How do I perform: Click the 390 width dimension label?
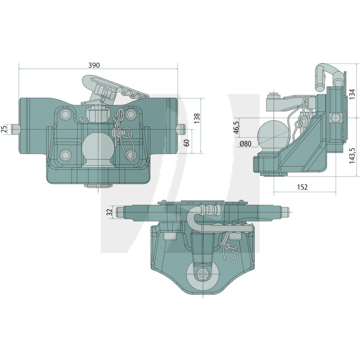[x=94, y=65]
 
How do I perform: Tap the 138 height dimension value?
[x=197, y=118]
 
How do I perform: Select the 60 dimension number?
[x=187, y=143]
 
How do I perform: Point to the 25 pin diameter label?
[x=4, y=129]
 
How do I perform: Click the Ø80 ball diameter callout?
[x=245, y=144]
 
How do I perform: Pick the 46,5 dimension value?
[x=237, y=127]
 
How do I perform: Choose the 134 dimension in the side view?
[x=352, y=94]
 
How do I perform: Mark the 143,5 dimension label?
[x=352, y=156]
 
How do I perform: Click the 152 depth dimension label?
[x=302, y=187]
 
